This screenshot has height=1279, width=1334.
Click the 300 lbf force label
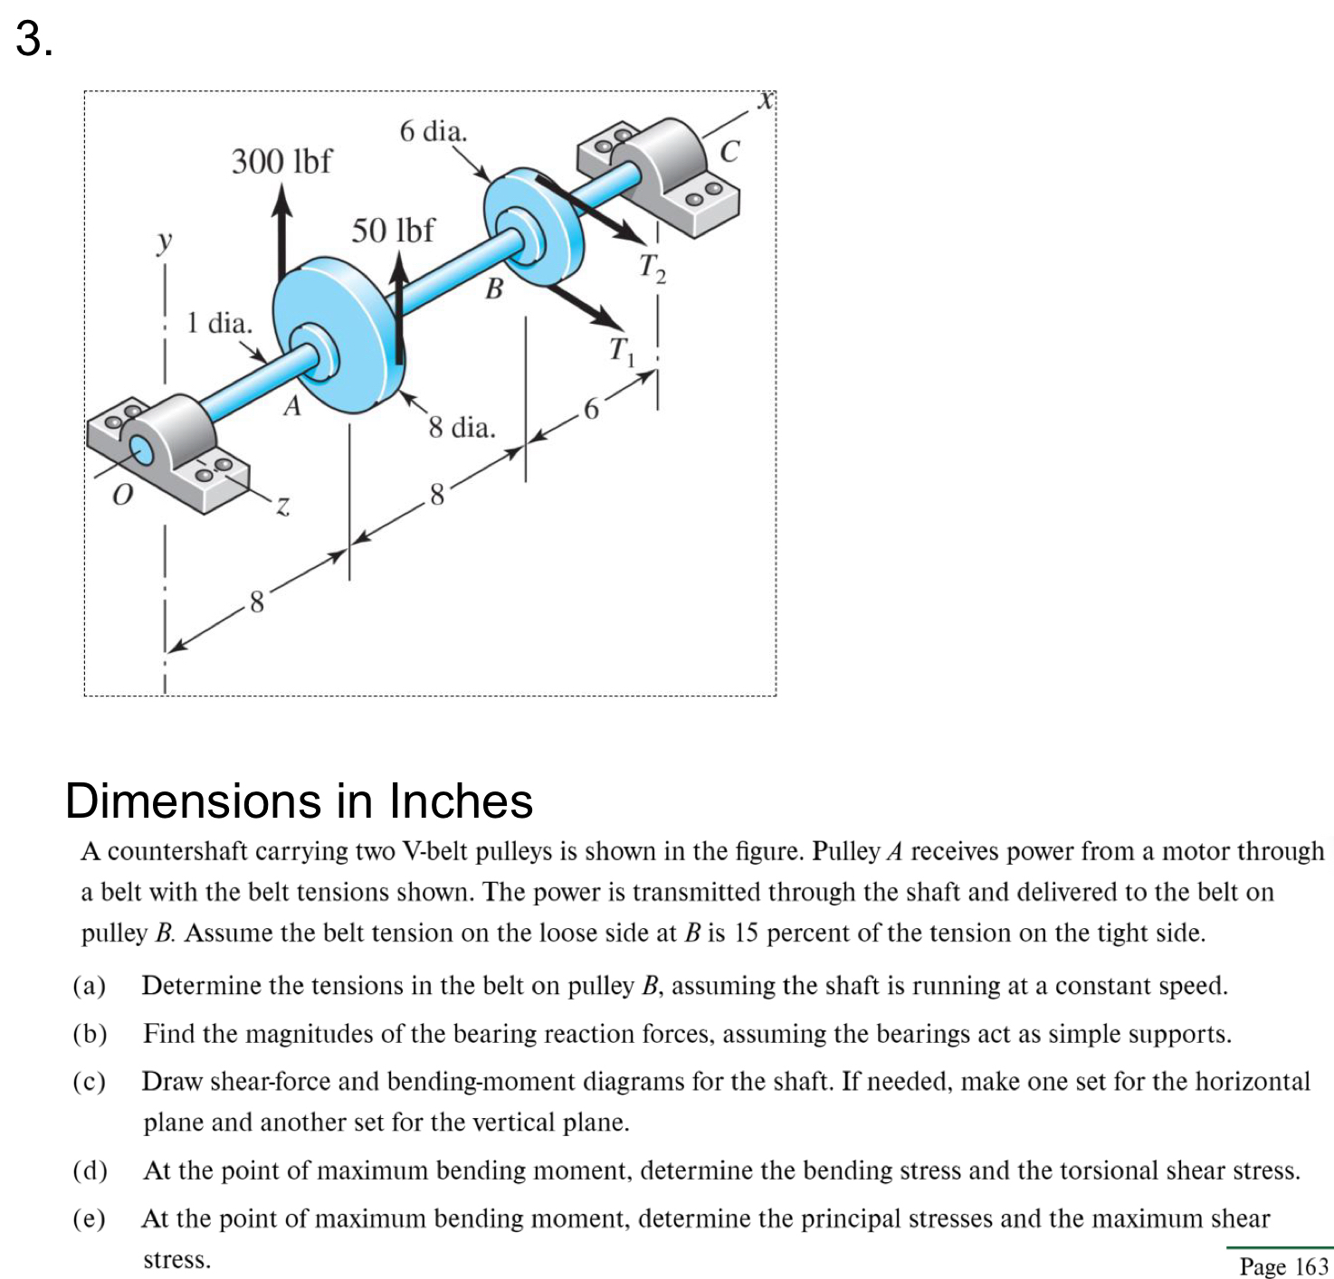(281, 162)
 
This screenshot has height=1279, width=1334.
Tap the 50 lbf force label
(392, 231)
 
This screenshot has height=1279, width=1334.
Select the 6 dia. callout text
(434, 132)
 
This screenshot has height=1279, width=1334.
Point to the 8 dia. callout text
(462, 427)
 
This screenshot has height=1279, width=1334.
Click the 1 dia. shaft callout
(219, 323)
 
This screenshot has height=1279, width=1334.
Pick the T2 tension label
(652, 268)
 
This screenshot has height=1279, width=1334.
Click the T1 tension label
(622, 350)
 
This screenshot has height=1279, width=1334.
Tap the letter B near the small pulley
(494, 289)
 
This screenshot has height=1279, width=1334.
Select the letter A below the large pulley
(291, 407)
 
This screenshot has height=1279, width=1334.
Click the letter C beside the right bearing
(729, 151)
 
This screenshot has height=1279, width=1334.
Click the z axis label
(282, 507)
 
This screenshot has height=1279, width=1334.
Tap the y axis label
(164, 242)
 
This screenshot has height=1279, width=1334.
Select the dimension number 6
(591, 410)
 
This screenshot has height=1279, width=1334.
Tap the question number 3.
(34, 40)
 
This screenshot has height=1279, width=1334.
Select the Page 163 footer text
(1283, 1265)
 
